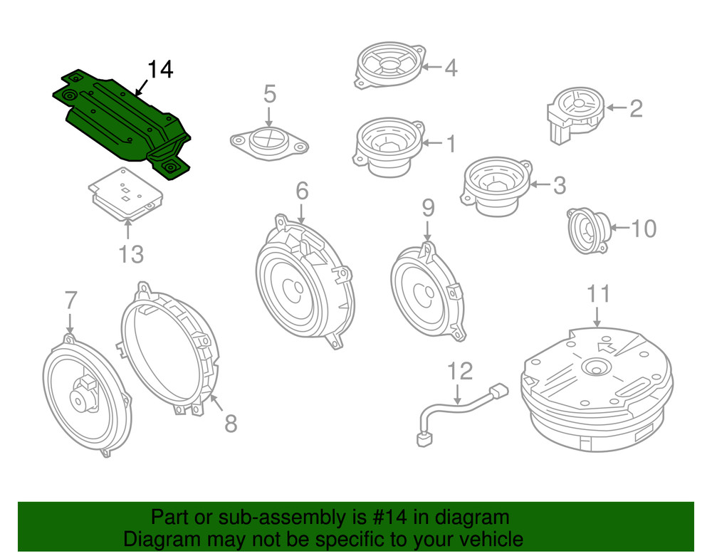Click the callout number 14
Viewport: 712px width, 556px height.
pyautogui.click(x=160, y=70)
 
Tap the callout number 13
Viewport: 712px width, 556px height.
pyautogui.click(x=130, y=253)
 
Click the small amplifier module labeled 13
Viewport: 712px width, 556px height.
pyautogui.click(x=122, y=194)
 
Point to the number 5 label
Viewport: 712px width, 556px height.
pyautogui.click(x=269, y=93)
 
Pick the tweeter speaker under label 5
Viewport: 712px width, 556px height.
pyautogui.click(x=269, y=141)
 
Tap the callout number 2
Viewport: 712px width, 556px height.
pyautogui.click(x=635, y=108)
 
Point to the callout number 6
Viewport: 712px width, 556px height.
pyautogui.click(x=302, y=191)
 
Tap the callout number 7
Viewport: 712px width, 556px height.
pyautogui.click(x=70, y=300)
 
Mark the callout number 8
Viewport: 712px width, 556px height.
pyautogui.click(x=230, y=424)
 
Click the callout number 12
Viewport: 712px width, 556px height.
pyautogui.click(x=460, y=370)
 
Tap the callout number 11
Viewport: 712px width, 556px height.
pyautogui.click(x=598, y=293)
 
